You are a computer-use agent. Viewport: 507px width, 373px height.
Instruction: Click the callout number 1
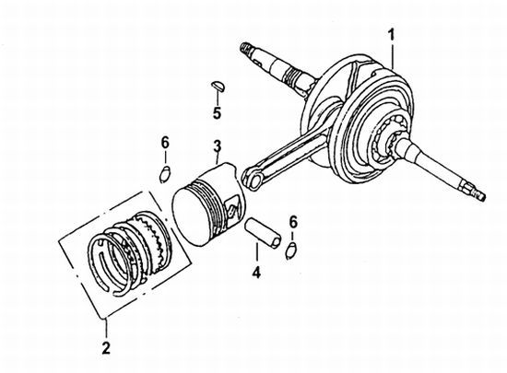click(x=392, y=35)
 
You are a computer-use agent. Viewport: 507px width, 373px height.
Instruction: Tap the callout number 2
click(x=106, y=348)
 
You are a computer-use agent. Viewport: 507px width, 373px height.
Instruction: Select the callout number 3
click(x=217, y=146)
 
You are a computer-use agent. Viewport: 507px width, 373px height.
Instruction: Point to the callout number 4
click(x=256, y=272)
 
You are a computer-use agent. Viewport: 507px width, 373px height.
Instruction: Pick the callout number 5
click(x=217, y=112)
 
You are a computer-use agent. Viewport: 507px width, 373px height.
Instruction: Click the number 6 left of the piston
click(x=165, y=143)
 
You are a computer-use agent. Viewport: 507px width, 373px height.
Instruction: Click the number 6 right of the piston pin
click(x=292, y=222)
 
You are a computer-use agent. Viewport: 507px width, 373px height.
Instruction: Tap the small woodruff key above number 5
click(x=218, y=86)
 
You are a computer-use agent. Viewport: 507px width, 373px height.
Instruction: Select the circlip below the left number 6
click(x=165, y=174)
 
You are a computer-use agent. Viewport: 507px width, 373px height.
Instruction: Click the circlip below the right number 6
click(x=291, y=251)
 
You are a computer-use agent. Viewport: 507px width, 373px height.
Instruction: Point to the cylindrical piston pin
click(x=263, y=234)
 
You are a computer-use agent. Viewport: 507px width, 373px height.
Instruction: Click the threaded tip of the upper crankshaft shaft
click(x=246, y=49)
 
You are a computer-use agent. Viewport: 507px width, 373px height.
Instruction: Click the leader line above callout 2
click(x=106, y=329)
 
